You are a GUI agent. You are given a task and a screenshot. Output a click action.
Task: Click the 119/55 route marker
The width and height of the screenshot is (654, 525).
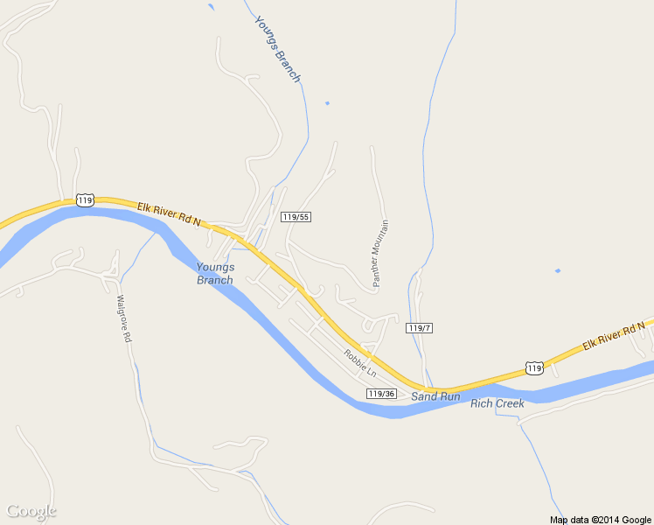[296, 216]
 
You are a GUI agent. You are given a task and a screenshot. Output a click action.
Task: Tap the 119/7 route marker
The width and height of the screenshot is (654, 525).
[420, 328]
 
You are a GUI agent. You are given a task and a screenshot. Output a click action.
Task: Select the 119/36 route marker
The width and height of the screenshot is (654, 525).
[382, 394]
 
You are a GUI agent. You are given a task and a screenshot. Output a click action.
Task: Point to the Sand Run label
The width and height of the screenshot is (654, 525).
[435, 396]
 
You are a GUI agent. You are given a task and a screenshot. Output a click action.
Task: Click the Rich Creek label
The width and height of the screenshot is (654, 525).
[497, 403]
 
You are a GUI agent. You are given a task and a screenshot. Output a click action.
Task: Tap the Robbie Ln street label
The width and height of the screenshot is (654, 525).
[359, 363]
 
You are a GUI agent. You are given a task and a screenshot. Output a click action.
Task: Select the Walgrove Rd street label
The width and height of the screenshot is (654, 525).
[123, 318]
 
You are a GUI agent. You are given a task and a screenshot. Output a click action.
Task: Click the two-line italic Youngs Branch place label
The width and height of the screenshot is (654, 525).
[215, 274]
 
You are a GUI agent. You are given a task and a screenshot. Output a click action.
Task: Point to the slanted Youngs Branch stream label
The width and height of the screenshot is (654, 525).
[277, 49]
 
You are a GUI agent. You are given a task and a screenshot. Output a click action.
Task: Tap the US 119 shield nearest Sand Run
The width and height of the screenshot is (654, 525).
[533, 367]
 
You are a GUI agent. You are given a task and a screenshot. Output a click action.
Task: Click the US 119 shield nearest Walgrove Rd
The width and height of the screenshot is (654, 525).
[84, 200]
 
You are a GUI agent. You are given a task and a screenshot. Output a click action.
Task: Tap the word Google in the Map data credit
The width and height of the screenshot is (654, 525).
[637, 520]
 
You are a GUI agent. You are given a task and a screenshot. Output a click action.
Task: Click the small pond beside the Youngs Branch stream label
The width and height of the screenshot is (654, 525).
[327, 103]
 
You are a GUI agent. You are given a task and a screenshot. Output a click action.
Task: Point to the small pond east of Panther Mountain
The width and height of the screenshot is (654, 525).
[557, 270]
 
